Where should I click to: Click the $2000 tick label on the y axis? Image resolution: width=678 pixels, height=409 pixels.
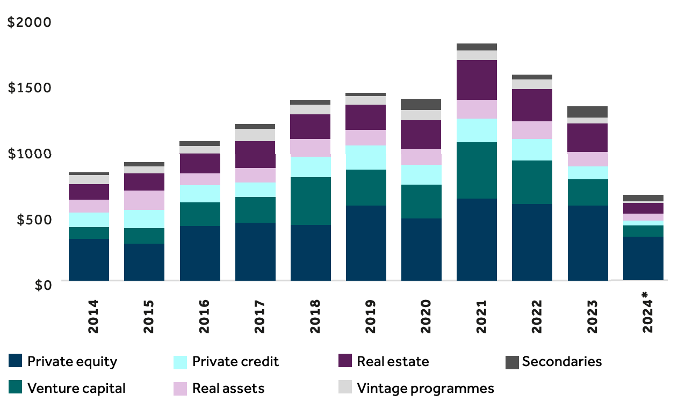tap(30, 23)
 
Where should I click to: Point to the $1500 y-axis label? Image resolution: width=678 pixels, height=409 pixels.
tap(30, 87)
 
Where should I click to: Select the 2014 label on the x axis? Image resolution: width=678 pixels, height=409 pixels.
tap(93, 317)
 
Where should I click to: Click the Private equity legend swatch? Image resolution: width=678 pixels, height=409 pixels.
tap(16, 361)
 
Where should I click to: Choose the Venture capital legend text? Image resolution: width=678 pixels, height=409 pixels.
tap(76, 388)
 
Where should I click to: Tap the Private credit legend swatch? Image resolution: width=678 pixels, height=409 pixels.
tap(180, 361)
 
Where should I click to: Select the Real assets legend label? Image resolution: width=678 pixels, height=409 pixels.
tap(228, 388)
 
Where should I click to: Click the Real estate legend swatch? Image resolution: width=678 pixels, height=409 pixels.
tap(345, 361)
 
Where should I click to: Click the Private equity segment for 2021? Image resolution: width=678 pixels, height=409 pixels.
tap(477, 239)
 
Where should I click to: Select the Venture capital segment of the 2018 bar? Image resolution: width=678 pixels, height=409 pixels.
tap(311, 201)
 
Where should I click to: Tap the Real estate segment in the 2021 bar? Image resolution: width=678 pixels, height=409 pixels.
tap(477, 80)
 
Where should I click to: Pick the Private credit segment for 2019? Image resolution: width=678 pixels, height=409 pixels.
tap(366, 157)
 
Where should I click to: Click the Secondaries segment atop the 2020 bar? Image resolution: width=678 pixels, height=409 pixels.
tap(421, 104)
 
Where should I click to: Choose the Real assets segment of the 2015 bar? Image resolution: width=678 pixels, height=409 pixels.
tap(144, 200)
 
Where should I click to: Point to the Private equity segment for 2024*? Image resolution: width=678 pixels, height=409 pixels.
tap(643, 258)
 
